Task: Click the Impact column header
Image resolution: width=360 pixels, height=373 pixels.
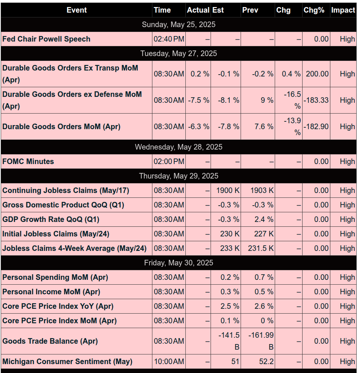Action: [343, 10]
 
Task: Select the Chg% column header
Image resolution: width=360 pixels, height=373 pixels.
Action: [314, 10]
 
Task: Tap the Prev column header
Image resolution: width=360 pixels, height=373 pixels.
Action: [250, 10]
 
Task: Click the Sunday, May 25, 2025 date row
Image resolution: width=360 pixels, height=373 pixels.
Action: [179, 24]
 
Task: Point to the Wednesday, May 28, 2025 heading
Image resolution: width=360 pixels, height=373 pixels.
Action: [179, 147]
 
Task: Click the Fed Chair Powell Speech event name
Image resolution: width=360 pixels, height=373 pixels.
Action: [46, 39]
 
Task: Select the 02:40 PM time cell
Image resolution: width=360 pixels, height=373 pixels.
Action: [169, 39]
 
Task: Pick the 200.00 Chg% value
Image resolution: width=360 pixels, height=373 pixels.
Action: [317, 74]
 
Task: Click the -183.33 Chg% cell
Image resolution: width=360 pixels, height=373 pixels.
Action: [316, 100]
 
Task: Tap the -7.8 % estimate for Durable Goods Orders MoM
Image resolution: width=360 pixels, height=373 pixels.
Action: [229, 127]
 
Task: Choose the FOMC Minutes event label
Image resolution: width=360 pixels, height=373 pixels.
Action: [28, 161]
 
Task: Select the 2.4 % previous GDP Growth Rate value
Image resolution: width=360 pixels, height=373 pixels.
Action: [264, 219]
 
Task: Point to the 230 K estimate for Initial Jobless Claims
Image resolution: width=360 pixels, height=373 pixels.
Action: [229, 234]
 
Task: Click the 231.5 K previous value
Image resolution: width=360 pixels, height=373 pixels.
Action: [261, 248]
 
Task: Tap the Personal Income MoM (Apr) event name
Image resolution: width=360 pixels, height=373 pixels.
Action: [51, 292]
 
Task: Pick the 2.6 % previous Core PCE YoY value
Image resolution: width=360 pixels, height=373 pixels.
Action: [264, 306]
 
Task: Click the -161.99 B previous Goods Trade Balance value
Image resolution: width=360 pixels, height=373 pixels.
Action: [261, 341]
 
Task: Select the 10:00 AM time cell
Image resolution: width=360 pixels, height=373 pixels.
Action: [169, 361]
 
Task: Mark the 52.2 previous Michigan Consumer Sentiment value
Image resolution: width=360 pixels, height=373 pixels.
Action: [266, 361]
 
